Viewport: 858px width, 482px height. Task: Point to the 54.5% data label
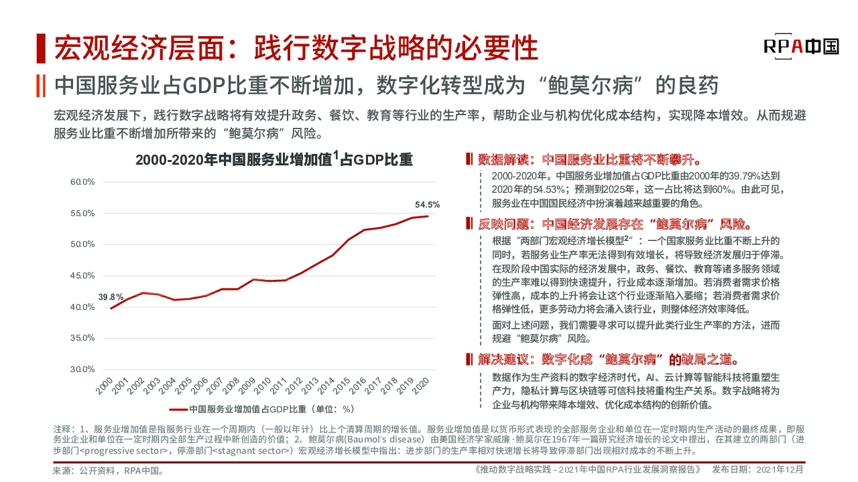point(427,204)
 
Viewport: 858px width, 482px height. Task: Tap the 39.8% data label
point(111,297)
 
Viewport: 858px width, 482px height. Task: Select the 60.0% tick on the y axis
point(82,182)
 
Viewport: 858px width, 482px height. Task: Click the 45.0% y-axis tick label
point(82,276)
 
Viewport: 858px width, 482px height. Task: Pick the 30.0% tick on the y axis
point(82,370)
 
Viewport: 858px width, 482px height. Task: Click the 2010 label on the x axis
point(263,388)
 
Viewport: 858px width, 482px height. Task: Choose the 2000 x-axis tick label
point(105,388)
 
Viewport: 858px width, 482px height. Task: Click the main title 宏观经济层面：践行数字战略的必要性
point(296,48)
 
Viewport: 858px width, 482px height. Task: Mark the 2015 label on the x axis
point(342,388)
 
